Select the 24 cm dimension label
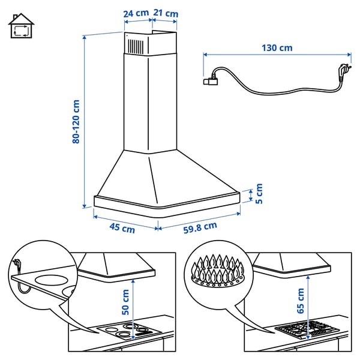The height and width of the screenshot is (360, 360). [x=136, y=13]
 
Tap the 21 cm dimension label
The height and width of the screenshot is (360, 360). [x=166, y=13]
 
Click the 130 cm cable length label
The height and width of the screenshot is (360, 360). [x=277, y=47]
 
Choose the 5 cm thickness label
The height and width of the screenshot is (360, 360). [x=259, y=194]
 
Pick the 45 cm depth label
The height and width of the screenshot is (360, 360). [x=122, y=227]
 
